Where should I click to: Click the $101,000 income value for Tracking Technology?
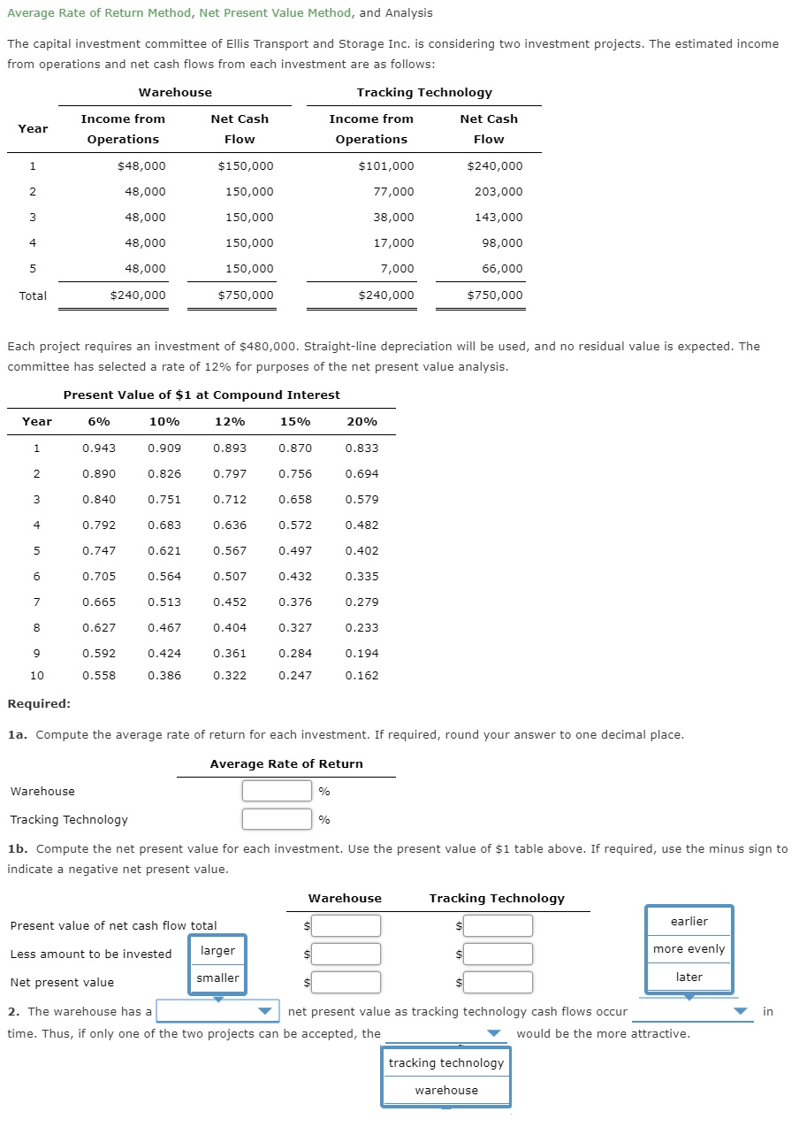386,165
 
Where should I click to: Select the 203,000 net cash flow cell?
498,191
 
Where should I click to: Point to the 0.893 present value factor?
230,448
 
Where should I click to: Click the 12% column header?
230,421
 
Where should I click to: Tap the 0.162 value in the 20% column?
361,675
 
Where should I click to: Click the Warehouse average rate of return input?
277,791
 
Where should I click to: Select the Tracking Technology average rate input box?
277,819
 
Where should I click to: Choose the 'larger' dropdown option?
217,950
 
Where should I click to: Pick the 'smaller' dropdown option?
217,977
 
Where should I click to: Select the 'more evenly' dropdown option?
689,948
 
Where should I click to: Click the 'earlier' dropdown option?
689,921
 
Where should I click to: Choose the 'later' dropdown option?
689,977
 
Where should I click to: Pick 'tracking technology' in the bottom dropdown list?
446,1062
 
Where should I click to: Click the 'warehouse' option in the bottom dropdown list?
446,1090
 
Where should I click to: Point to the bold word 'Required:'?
39,703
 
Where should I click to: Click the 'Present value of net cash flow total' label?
113,925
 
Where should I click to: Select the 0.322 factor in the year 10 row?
230,675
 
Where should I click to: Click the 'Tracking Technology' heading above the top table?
424,92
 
